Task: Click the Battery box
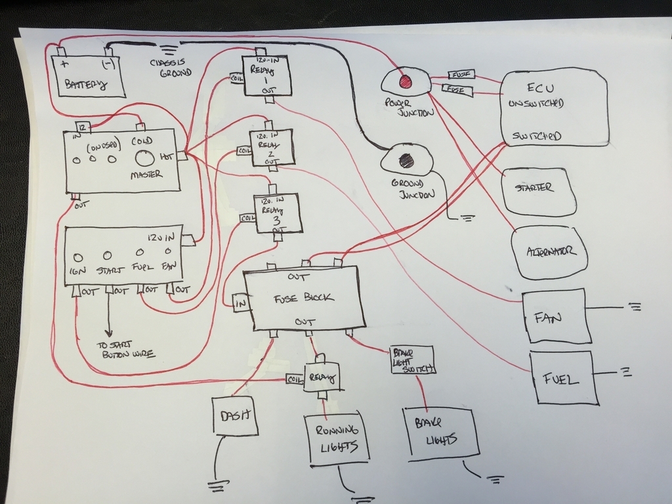point(88,75)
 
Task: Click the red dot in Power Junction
point(405,81)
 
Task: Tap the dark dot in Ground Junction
point(406,160)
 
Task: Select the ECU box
point(553,107)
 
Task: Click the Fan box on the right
point(553,316)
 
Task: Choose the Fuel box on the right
point(562,378)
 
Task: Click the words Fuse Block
point(304,298)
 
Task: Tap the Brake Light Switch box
point(411,361)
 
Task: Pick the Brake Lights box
point(440,430)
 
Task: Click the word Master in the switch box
point(146,175)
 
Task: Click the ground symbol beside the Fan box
point(635,306)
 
